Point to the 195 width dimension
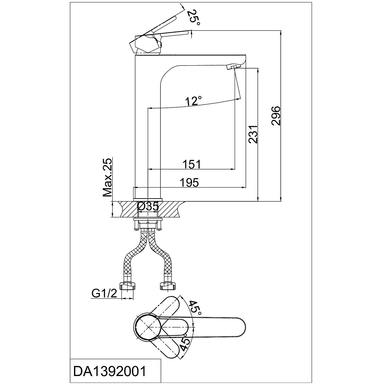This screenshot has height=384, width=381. click(189, 183)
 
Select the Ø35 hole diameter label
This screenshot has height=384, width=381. click(148, 206)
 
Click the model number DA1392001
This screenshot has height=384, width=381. click(109, 372)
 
